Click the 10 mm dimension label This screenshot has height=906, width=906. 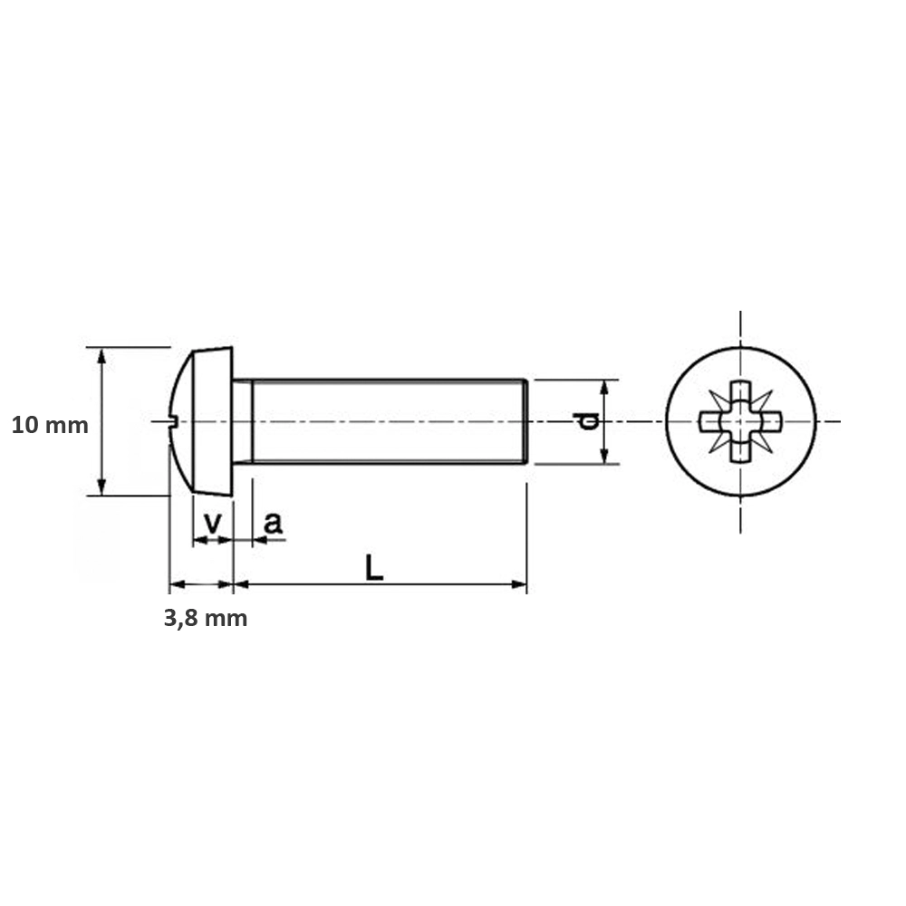tap(50, 425)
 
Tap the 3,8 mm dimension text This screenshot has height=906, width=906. tap(205, 619)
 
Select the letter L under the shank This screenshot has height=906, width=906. tap(373, 567)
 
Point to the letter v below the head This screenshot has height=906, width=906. tap(213, 523)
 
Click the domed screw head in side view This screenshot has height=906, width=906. tap(204, 421)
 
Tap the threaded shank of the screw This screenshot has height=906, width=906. tap(390, 421)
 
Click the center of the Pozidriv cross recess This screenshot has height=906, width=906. tap(740, 421)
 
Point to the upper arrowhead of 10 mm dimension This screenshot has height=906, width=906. tap(101, 354)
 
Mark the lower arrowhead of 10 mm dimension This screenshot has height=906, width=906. tap(101, 488)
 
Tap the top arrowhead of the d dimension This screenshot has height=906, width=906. tap(605, 386)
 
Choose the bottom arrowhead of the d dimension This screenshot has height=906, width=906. tap(605, 458)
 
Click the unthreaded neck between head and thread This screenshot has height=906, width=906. tap(242, 421)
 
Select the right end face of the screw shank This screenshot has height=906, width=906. tap(525, 421)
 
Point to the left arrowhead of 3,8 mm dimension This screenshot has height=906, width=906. tap(176, 584)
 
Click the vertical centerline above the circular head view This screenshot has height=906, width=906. tap(740, 328)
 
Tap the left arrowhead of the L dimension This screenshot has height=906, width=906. tap(240, 584)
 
